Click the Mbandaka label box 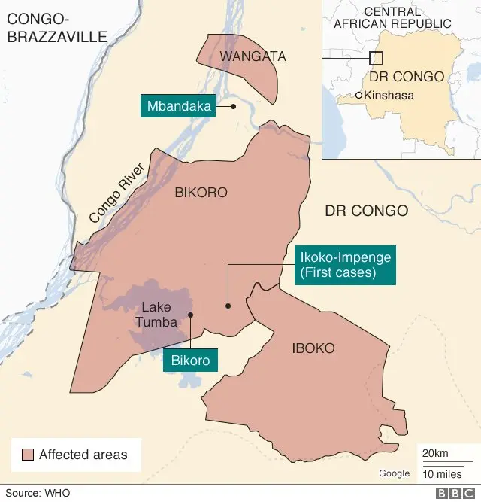(x=178, y=106)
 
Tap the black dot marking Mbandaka (x=233, y=107)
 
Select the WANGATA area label (x=243, y=56)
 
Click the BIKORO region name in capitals (x=201, y=193)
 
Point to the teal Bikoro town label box (x=191, y=360)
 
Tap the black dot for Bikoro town (x=191, y=315)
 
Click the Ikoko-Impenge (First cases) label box (x=345, y=265)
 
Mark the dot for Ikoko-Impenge (x=227, y=306)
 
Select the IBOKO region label (x=313, y=348)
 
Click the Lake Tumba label (x=156, y=315)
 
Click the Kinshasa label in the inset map (x=389, y=96)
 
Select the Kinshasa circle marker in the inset (x=358, y=95)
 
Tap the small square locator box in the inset (x=377, y=58)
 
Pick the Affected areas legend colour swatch (x=28, y=455)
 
